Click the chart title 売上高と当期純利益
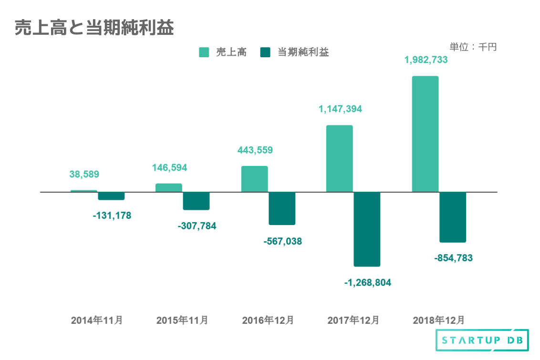(x=94, y=28)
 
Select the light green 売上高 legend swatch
(x=204, y=52)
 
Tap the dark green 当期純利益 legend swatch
(x=266, y=52)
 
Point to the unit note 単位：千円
(x=473, y=47)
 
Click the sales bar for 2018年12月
(x=425, y=134)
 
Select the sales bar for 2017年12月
(x=339, y=158)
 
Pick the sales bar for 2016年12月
(x=254, y=179)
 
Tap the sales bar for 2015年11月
(x=169, y=188)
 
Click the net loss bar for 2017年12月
(x=367, y=229)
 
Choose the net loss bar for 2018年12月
(x=452, y=217)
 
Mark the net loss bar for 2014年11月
(x=111, y=196)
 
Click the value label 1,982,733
(x=426, y=60)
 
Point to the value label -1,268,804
(x=367, y=283)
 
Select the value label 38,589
(x=84, y=175)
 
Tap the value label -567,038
(x=282, y=241)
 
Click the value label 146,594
(x=170, y=168)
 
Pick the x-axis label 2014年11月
(x=97, y=320)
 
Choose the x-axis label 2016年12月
(x=268, y=320)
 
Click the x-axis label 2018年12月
(x=438, y=320)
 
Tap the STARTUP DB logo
(x=482, y=340)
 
